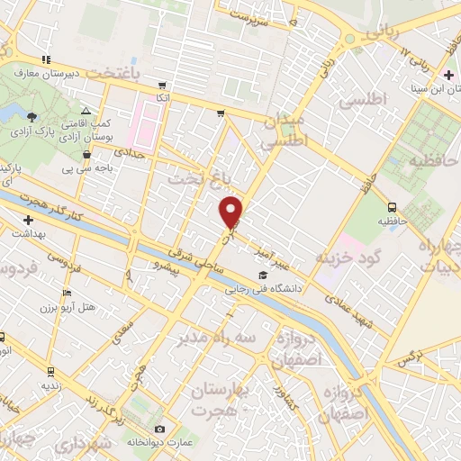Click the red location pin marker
tap(231, 211)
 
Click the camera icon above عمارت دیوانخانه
tap(160, 429)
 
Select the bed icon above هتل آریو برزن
tap(66, 294)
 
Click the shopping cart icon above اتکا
tap(161, 84)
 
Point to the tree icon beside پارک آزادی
tap(32, 116)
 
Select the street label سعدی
tap(121, 336)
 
